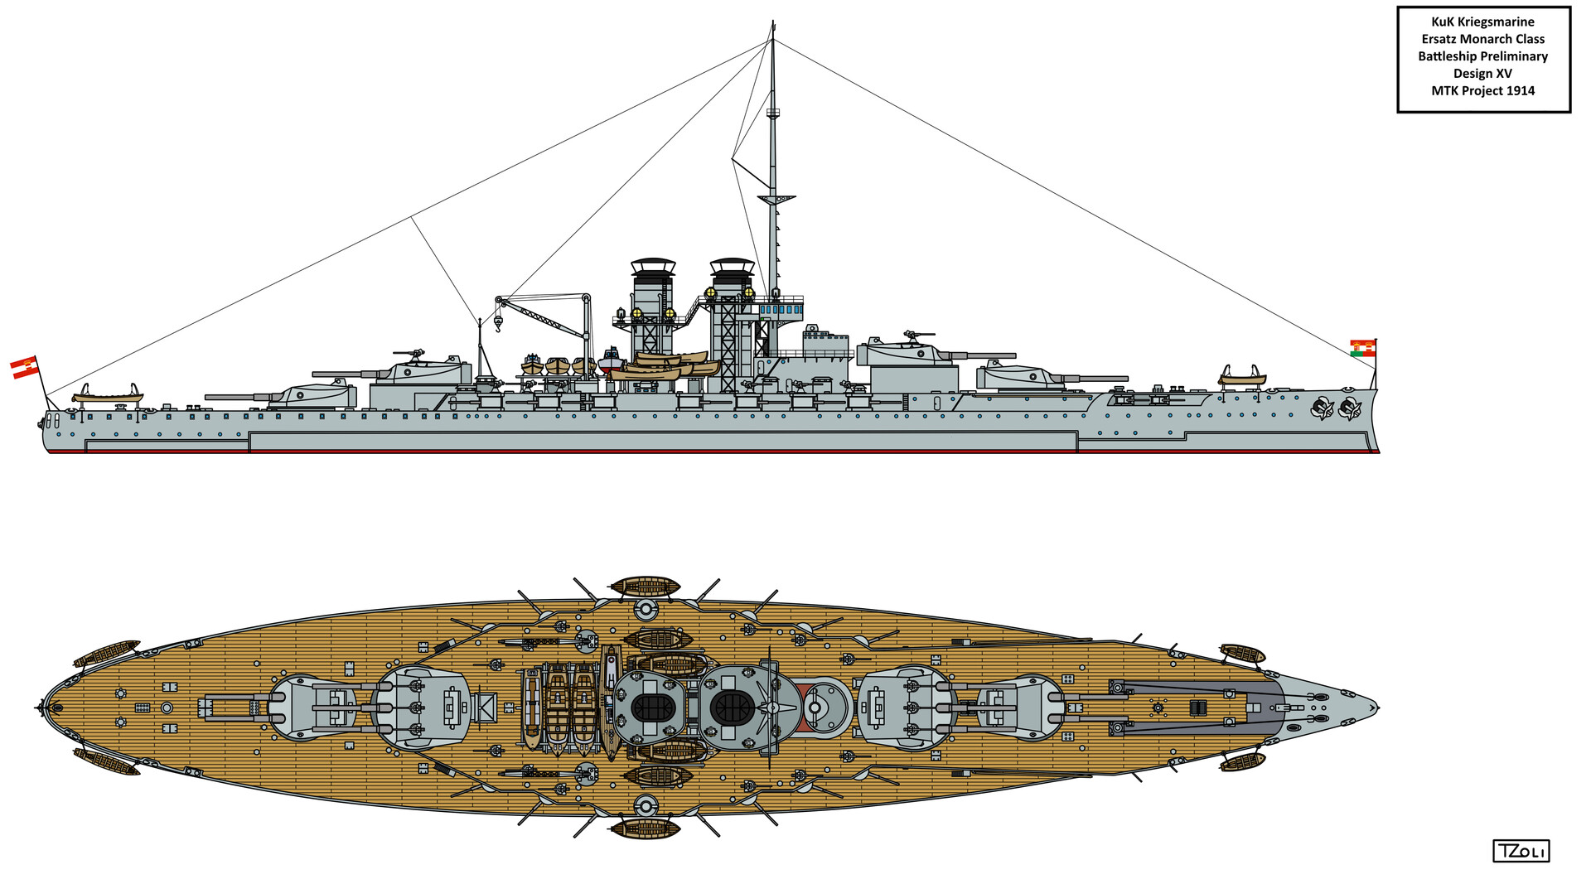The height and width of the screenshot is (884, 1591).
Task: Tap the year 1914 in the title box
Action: [x=1519, y=91]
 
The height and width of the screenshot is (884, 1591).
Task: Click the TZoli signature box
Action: [x=1521, y=851]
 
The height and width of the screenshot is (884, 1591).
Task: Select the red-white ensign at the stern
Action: [x=25, y=367]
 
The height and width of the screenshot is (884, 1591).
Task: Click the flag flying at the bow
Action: [x=1362, y=348]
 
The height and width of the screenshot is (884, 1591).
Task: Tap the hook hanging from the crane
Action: [x=499, y=321]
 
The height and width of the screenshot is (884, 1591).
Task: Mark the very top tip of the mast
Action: [x=773, y=20]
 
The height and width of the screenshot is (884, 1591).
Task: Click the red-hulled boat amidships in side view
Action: [x=611, y=361]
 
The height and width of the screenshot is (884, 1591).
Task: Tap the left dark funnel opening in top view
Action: [x=651, y=708]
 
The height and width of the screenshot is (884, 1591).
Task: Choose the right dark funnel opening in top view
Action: [x=733, y=708]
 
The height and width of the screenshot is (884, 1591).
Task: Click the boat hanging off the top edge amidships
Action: [x=646, y=587]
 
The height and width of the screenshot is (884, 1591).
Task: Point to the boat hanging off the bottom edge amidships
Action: [x=646, y=828]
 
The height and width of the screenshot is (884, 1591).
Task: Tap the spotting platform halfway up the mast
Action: [x=776, y=199]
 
